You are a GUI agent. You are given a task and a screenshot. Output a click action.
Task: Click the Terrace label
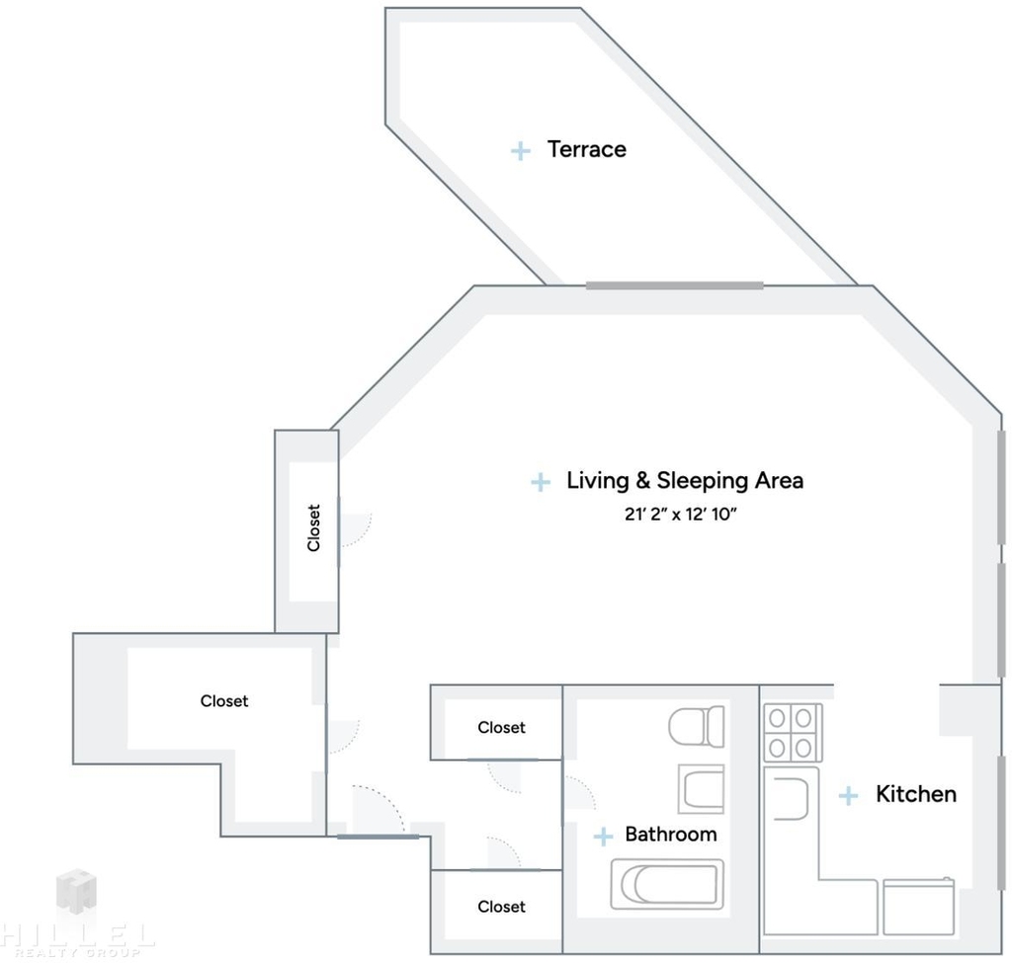(x=587, y=149)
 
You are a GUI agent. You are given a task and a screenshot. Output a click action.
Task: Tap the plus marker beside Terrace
(x=520, y=151)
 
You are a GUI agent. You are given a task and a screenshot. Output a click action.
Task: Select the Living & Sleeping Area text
(x=685, y=481)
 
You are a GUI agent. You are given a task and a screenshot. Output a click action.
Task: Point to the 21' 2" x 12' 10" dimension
(x=680, y=514)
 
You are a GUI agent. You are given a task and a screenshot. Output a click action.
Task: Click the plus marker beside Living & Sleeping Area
(x=541, y=482)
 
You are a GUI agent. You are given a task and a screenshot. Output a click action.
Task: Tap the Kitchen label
(x=916, y=794)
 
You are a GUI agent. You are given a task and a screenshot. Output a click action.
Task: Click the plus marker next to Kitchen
(x=848, y=795)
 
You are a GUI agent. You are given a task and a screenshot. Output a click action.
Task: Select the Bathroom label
(x=671, y=834)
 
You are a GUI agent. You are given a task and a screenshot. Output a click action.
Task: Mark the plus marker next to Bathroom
(x=603, y=837)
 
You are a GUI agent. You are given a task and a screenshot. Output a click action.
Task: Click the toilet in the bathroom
(x=697, y=727)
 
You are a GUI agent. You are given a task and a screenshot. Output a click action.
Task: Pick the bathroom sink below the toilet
(x=701, y=789)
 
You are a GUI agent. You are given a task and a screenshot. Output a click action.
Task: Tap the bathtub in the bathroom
(x=667, y=884)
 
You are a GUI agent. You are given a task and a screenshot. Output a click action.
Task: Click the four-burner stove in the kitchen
(x=794, y=732)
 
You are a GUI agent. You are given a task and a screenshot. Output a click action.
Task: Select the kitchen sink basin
(x=790, y=798)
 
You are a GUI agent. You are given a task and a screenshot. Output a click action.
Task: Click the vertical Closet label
(x=313, y=527)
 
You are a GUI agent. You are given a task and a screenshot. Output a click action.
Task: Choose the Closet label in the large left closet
(x=224, y=701)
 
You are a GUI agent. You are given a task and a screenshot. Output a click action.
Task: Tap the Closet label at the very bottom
(x=501, y=907)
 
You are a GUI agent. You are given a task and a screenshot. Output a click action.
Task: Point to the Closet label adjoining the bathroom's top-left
(x=501, y=728)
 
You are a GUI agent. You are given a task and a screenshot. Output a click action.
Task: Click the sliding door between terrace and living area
(x=674, y=285)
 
